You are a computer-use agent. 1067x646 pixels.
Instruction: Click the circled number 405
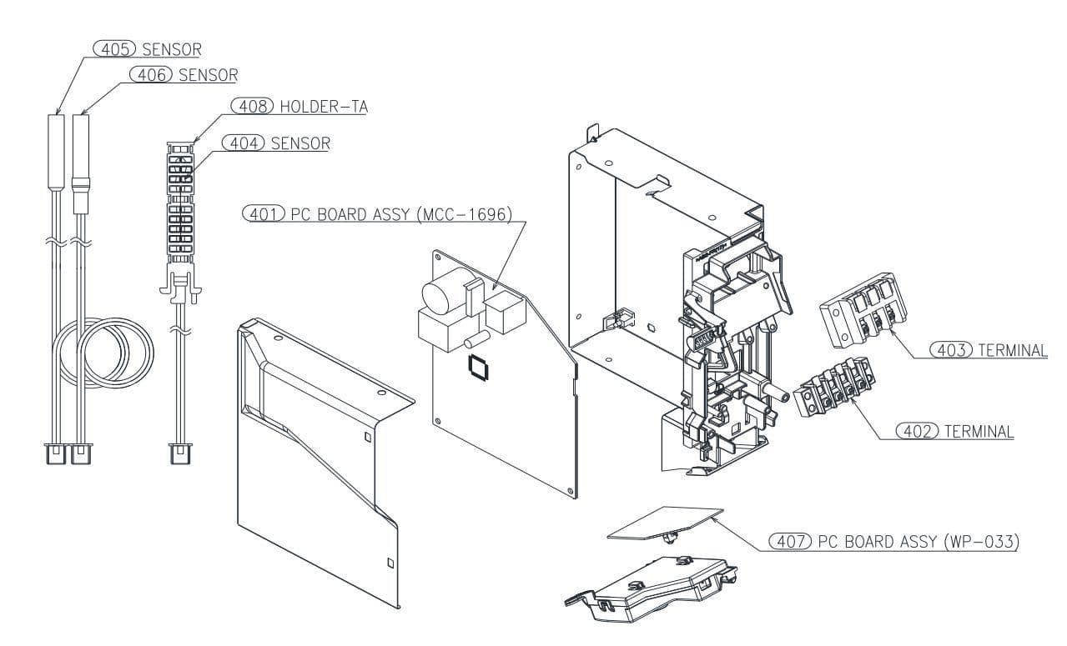(x=114, y=49)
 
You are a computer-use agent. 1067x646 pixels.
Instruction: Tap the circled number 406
(x=151, y=75)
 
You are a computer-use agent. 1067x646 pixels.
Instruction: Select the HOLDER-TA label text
(x=324, y=107)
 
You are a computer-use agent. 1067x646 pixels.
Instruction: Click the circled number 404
(x=244, y=143)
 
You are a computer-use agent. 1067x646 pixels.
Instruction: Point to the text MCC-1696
(x=465, y=215)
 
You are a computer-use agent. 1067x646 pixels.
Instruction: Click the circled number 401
(x=264, y=215)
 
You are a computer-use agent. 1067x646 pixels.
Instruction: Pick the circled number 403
(x=951, y=350)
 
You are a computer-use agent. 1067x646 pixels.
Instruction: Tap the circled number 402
(x=918, y=431)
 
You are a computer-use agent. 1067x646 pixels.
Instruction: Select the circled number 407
(x=790, y=541)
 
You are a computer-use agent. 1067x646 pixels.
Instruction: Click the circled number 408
(x=253, y=106)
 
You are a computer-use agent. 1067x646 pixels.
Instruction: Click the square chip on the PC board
(x=478, y=368)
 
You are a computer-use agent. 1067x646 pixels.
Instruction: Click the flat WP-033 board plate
(x=665, y=523)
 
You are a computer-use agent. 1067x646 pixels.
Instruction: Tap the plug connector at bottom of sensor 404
(x=180, y=453)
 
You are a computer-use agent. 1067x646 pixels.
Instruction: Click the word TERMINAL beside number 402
(x=979, y=432)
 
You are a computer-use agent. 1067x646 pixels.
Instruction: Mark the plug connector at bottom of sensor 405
(x=56, y=453)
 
